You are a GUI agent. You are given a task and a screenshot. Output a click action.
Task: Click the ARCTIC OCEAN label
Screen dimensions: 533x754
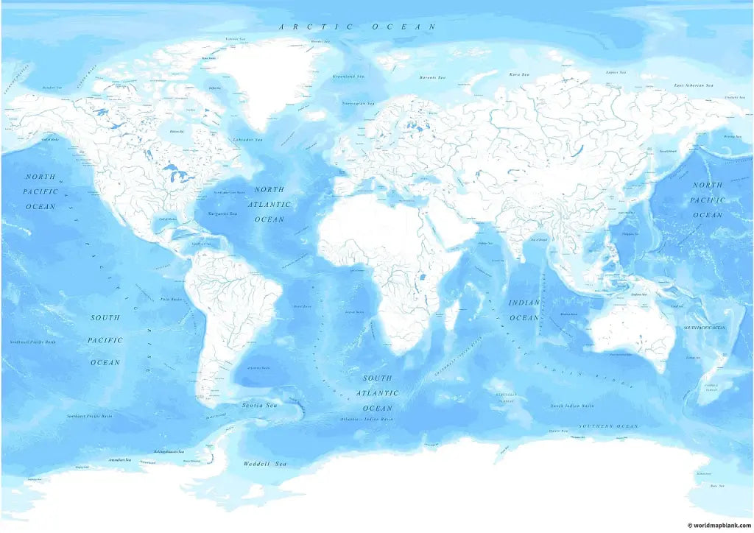357,27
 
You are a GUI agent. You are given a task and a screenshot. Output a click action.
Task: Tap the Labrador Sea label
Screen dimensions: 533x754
247,139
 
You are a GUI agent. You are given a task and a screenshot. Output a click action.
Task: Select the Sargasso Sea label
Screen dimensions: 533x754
222,213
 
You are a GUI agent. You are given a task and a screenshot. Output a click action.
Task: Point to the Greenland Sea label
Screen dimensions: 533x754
349,76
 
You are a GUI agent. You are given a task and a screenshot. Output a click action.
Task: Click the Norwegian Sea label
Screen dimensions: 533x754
359,103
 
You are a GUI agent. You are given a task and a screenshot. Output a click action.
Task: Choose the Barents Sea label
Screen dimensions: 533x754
432,77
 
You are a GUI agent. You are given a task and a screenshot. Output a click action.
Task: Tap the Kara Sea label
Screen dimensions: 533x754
520,74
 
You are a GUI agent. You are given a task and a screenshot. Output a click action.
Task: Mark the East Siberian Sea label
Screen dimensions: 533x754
694,85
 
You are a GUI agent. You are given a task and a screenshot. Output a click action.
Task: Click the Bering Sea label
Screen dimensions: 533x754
732,136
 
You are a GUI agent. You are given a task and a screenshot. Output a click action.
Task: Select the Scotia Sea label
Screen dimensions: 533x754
260,405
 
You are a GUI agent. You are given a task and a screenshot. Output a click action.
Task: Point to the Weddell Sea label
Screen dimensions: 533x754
265,464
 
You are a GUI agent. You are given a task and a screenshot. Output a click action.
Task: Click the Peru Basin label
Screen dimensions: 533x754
171,300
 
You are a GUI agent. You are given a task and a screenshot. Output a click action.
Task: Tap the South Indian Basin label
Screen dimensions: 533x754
572,406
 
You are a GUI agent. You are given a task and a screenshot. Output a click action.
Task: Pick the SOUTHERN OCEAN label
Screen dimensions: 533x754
607,426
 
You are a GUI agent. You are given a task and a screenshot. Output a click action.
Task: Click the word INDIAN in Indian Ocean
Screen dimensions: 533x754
524,302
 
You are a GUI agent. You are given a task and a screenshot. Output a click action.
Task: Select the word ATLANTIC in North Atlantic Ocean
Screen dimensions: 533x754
269,204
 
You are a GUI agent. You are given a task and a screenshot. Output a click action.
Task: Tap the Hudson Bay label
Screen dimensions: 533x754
177,131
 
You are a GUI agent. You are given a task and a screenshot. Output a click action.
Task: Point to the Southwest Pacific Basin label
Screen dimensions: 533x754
32,342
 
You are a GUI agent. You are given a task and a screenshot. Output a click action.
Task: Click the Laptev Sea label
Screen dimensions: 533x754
616,72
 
